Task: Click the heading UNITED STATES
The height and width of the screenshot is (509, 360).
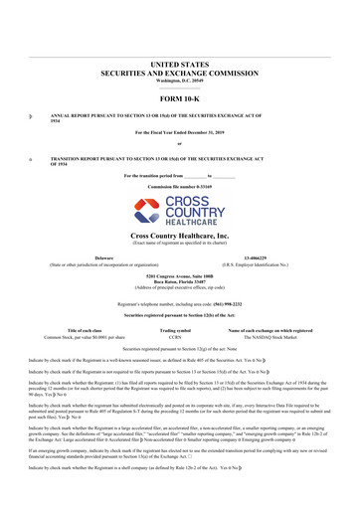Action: point(179,62)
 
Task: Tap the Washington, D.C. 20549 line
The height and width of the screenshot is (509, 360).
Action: point(179,80)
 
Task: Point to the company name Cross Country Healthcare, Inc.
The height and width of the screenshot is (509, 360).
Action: point(179,235)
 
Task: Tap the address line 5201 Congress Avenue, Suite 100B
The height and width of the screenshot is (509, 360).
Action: point(179,279)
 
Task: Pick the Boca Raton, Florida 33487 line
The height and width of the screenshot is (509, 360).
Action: point(179,286)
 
